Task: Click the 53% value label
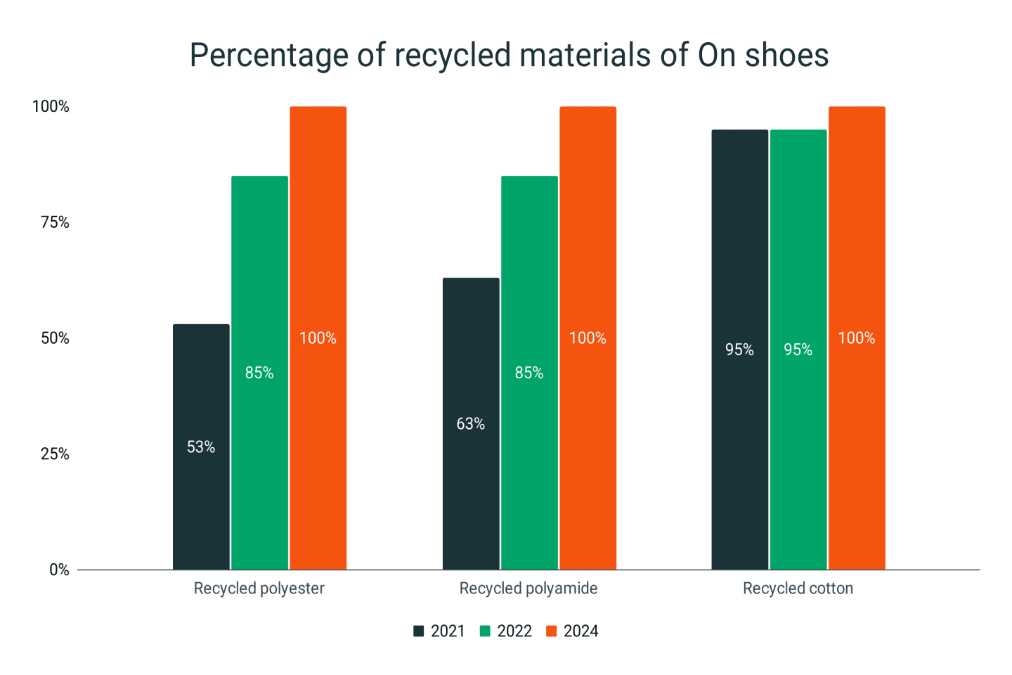pyautogui.click(x=201, y=447)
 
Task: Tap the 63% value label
pyautogui.click(x=471, y=424)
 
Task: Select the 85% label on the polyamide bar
pyautogui.click(x=529, y=373)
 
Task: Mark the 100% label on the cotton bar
pyautogui.click(x=857, y=338)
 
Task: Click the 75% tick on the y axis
pyautogui.click(x=55, y=222)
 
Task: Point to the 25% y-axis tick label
pyautogui.click(x=55, y=454)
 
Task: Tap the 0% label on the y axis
pyautogui.click(x=59, y=570)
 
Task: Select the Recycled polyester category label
pyautogui.click(x=259, y=589)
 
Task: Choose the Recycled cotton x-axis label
pyautogui.click(x=798, y=589)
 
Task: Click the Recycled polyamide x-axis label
pyautogui.click(x=528, y=589)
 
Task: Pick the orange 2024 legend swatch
pyautogui.click(x=552, y=631)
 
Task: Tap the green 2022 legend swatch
pyautogui.click(x=485, y=631)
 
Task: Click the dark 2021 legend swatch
pyautogui.click(x=419, y=631)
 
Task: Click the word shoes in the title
pyautogui.click(x=787, y=55)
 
